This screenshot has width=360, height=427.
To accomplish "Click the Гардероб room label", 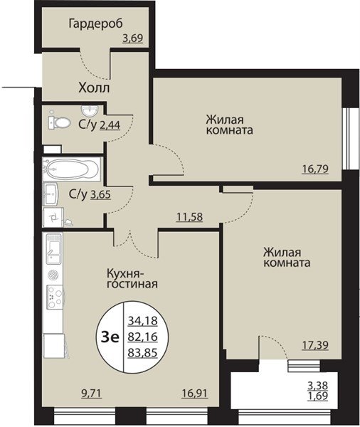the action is click(x=95, y=24).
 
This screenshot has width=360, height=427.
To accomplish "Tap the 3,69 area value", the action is click(x=132, y=38).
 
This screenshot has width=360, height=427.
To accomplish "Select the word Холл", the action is click(x=94, y=88).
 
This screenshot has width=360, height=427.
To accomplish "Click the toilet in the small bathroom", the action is click(x=59, y=122).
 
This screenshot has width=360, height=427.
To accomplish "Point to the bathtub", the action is click(x=72, y=169).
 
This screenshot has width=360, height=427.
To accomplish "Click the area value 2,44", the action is click(x=110, y=125).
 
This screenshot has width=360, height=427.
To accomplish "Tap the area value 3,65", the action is click(x=100, y=195).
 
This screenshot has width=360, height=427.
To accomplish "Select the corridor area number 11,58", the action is click(x=190, y=217).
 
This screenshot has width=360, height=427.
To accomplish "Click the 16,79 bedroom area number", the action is click(x=315, y=169).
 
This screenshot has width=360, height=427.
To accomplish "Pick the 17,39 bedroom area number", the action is click(x=315, y=345).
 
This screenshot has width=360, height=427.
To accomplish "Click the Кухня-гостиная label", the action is click(x=132, y=278).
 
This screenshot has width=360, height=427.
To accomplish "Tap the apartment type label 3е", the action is click(x=110, y=337).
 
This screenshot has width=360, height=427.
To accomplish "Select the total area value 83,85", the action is click(x=143, y=353).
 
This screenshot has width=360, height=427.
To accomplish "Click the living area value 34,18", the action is click(x=143, y=320).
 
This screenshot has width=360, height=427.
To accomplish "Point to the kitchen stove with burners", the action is click(x=55, y=297).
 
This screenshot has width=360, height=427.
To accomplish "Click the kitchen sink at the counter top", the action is click(x=54, y=249).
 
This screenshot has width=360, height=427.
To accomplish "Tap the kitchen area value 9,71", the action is click(x=92, y=394).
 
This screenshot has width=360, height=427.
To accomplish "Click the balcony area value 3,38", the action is click(x=318, y=386).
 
